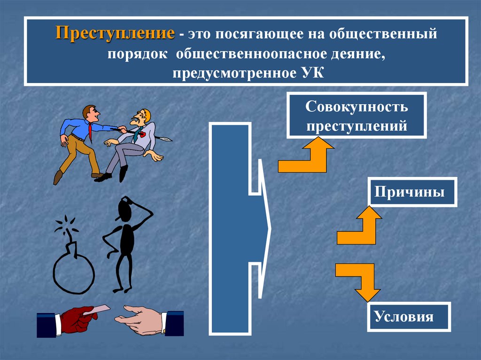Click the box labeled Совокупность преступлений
(357, 115)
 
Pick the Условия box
(410, 317)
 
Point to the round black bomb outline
(73, 273)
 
